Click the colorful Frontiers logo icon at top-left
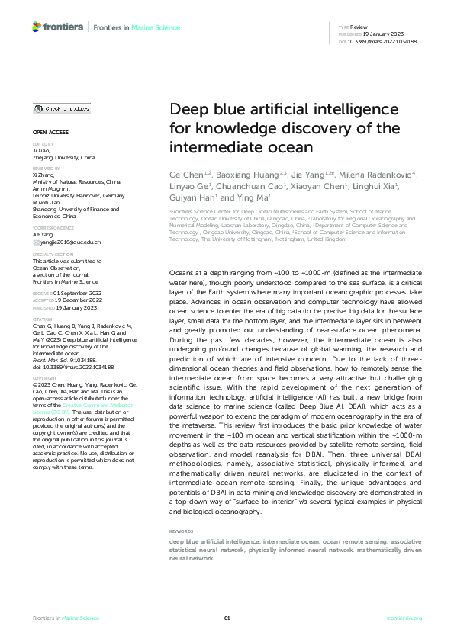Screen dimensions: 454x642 (37, 27)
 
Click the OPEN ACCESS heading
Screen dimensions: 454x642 (50, 132)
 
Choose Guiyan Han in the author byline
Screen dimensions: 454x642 (186, 196)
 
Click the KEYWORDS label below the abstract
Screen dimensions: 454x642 (181, 530)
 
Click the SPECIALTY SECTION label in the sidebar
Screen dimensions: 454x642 (53, 255)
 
